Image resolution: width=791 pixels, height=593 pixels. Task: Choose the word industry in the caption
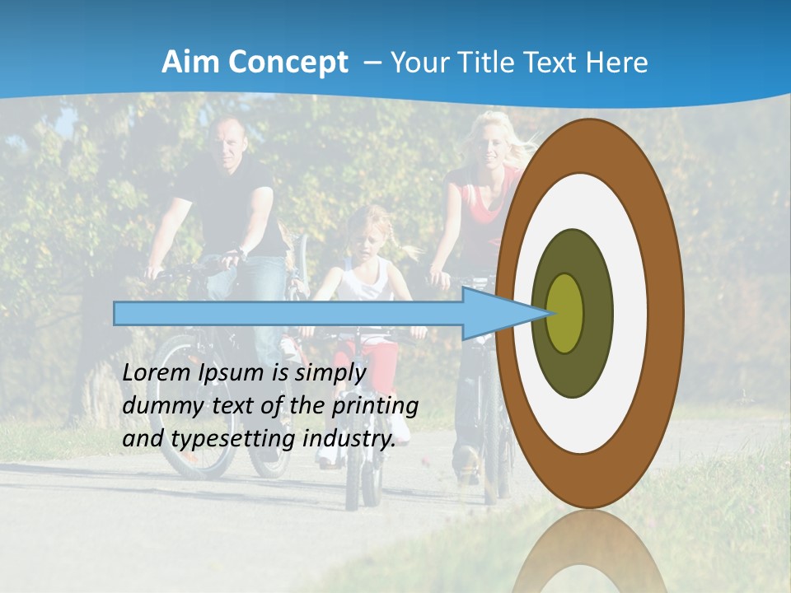tap(349, 439)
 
